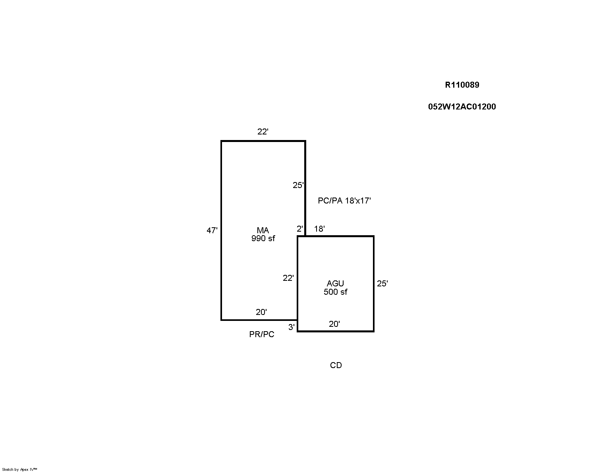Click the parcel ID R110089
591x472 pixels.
462,85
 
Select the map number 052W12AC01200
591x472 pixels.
462,107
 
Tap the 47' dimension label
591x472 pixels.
212,230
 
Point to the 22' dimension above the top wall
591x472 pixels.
263,132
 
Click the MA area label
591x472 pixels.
263,230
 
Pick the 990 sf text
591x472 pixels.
263,239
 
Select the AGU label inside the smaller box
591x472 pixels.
335,284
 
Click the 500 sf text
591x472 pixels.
335,292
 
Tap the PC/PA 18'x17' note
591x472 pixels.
344,201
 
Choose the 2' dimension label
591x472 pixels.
300,229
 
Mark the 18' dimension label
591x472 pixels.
320,229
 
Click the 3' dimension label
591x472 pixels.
292,327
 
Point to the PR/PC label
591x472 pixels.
262,334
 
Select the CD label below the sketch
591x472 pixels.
336,365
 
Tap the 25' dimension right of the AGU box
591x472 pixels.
382,284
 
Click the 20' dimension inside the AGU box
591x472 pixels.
334,324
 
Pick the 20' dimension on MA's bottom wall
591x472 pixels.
261,312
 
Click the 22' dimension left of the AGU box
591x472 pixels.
288,278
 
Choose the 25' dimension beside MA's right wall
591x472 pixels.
298,185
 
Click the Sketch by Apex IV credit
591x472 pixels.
19,469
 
